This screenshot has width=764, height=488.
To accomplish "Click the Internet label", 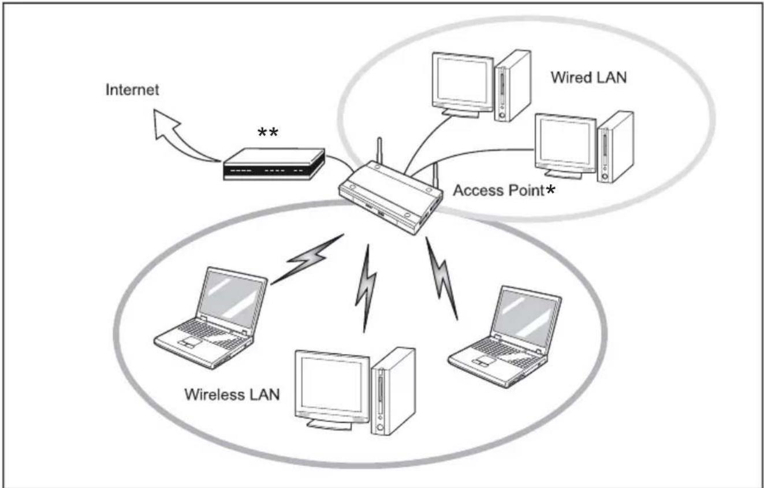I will coord(132,90).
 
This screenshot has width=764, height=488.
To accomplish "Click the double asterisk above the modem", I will coord(267,133).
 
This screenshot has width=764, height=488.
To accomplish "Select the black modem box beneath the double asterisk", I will coord(273,166).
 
